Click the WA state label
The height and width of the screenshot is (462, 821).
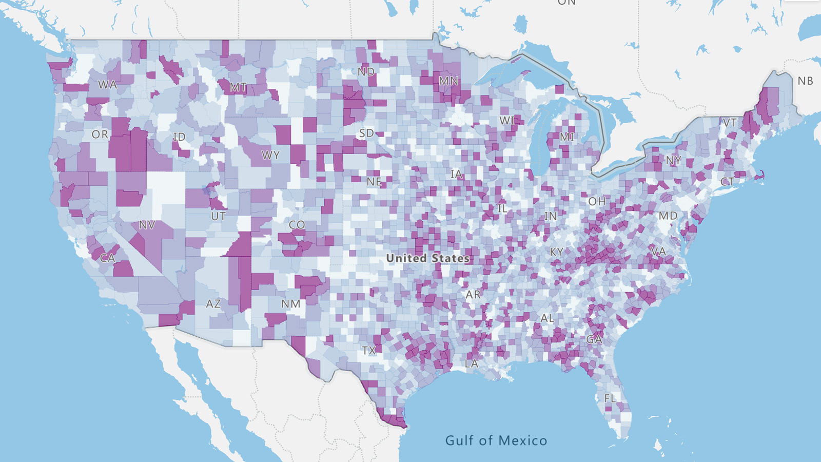108,85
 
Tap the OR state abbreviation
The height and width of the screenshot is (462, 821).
100,134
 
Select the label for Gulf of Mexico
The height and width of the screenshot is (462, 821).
496,440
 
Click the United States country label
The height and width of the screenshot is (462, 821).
427,258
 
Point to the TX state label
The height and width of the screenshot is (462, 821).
369,351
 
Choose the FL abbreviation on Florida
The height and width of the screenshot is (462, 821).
610,398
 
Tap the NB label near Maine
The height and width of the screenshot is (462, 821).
805,81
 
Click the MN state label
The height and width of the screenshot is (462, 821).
448,81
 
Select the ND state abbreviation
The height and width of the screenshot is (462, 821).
366,72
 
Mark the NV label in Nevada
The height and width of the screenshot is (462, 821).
147,225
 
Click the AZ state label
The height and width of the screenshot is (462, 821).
213,304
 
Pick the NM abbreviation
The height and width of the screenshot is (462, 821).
291,304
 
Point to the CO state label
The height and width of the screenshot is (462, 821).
297,225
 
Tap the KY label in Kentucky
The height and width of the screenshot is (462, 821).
557,252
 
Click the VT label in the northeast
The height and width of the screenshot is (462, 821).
730,123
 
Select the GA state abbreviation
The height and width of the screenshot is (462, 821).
594,339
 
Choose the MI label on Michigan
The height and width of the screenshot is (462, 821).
567,137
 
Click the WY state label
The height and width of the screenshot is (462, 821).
270,155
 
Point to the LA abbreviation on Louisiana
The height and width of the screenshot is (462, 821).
472,363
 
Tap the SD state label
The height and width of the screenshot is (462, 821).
366,133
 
